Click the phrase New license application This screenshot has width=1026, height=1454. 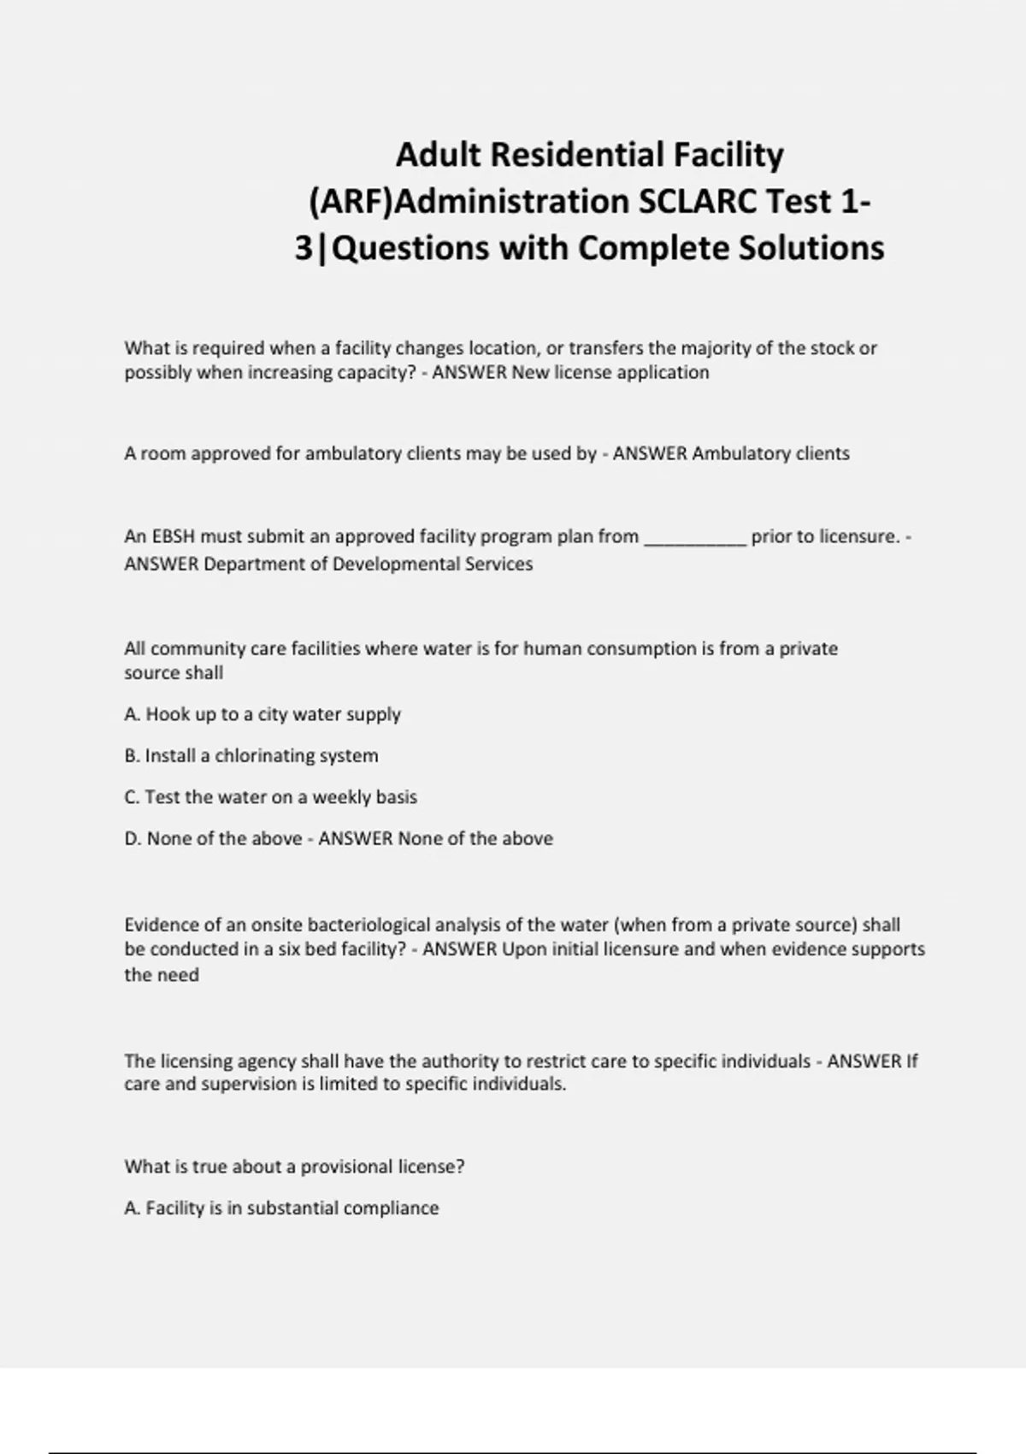click(610, 372)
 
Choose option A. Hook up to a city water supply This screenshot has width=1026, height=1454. click(262, 714)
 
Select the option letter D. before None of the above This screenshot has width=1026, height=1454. click(133, 838)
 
